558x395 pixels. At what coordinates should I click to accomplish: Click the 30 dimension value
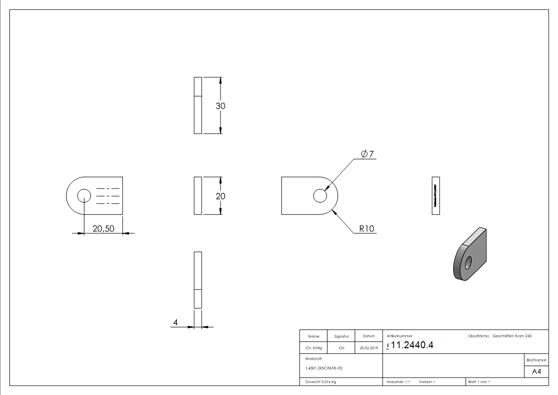220,106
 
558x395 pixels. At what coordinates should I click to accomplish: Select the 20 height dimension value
220,196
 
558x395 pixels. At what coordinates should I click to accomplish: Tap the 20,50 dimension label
103,228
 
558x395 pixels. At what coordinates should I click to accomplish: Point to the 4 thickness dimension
175,323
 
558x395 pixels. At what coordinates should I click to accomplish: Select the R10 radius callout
367,229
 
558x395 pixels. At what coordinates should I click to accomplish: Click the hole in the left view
84,196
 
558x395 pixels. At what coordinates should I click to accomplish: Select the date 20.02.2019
368,348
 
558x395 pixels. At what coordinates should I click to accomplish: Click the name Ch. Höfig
314,348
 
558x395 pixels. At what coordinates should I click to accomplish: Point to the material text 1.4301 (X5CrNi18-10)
323,368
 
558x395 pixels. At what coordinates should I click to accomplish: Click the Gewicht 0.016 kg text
320,382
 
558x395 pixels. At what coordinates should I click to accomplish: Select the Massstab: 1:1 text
398,382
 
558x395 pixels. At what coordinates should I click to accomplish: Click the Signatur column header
341,337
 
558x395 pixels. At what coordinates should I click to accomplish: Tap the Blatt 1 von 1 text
479,382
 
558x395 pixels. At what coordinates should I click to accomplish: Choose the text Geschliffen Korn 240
512,336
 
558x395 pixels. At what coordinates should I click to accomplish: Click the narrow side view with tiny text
436,195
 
